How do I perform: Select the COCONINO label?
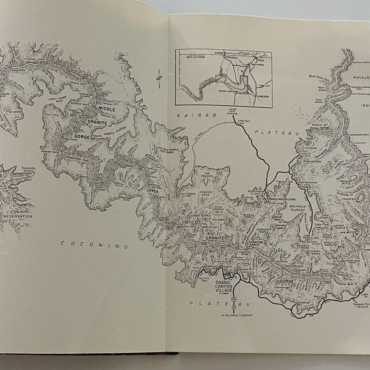click(x=94, y=244)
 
